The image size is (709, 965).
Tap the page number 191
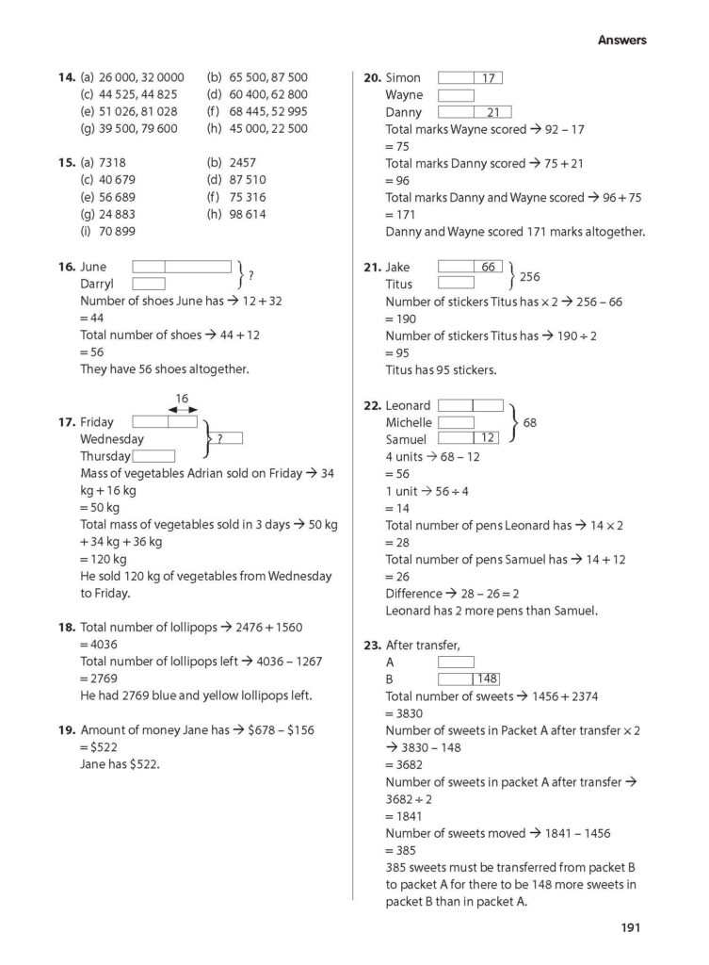click(x=630, y=928)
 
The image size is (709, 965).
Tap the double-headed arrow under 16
click(x=182, y=410)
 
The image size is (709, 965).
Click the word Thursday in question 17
click(x=105, y=456)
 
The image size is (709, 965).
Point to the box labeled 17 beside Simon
click(x=487, y=78)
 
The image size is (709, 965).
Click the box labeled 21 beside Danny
click(x=491, y=112)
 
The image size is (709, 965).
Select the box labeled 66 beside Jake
click(x=487, y=267)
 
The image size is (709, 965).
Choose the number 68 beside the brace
click(x=529, y=423)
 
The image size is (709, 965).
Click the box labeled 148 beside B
click(x=486, y=679)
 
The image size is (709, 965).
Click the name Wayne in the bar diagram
click(x=404, y=95)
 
